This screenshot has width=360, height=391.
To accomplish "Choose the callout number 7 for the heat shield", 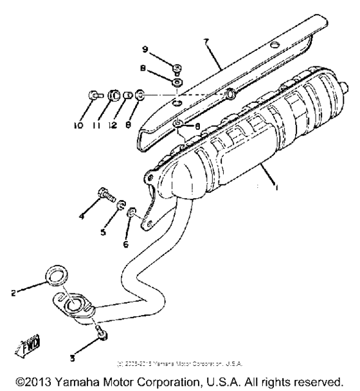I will tap(206, 42).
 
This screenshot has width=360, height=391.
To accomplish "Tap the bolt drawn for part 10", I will tap(93, 96).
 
